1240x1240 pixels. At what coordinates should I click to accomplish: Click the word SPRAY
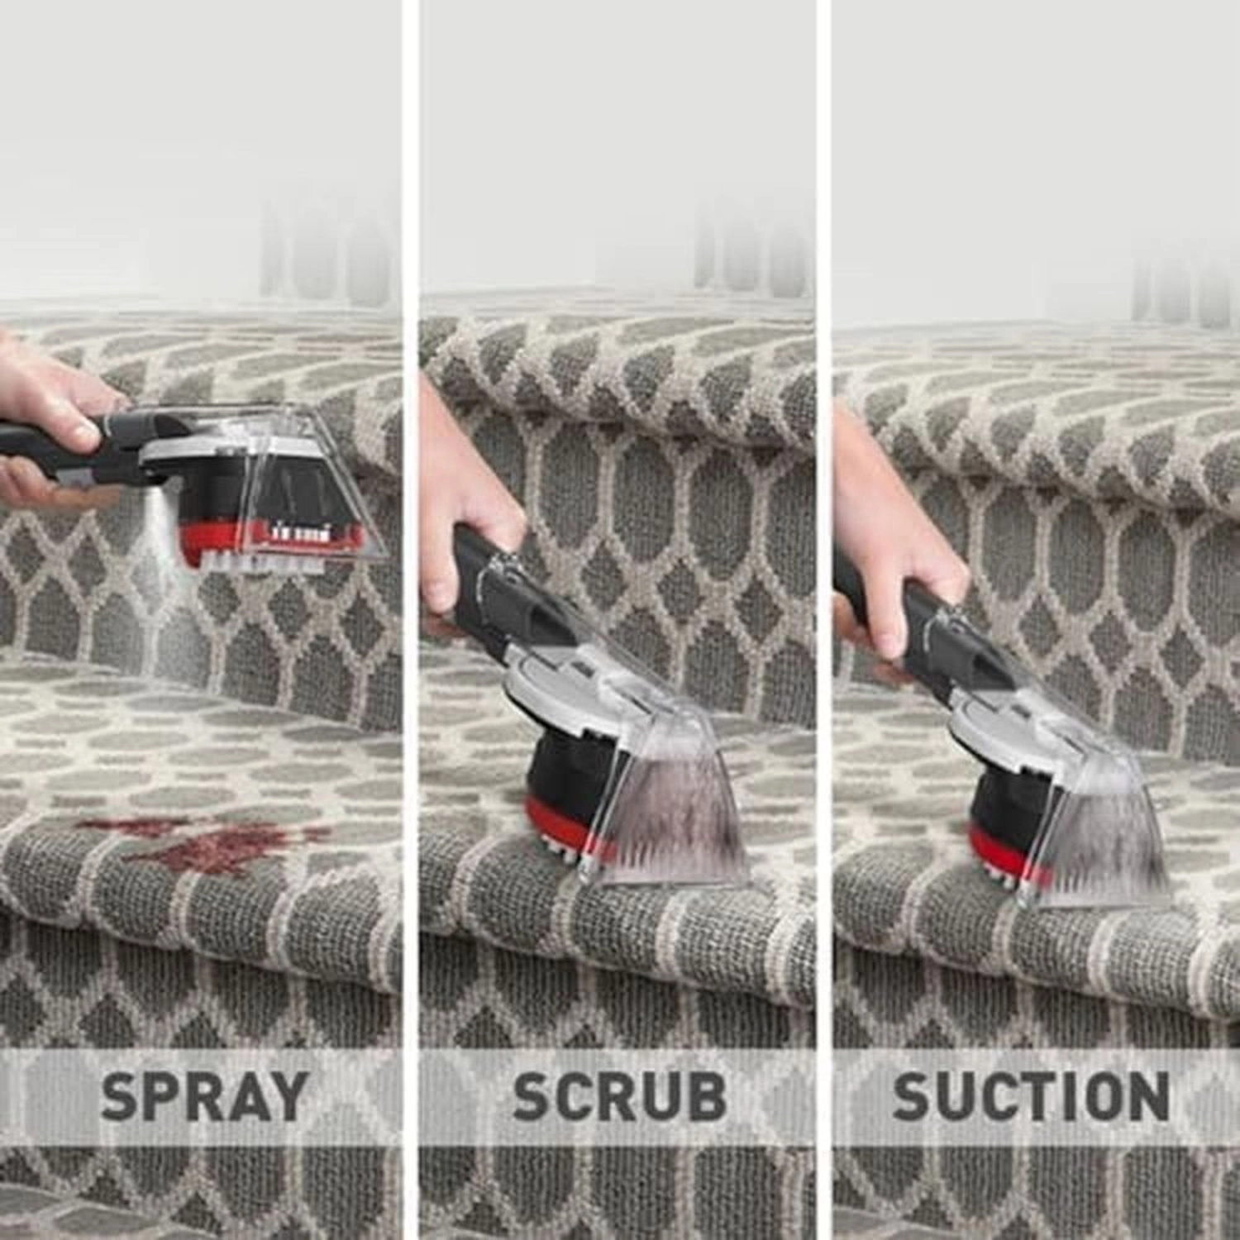[203, 1095]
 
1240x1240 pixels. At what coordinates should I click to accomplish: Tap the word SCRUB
[619, 1095]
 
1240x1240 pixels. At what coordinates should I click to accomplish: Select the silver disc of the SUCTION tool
[984, 711]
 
